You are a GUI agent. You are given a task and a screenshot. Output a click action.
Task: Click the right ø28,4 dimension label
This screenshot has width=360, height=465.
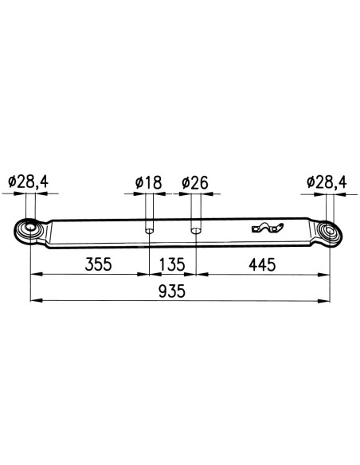[x=326, y=183]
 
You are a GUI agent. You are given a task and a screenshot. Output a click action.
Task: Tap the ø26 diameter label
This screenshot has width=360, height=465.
[x=195, y=183]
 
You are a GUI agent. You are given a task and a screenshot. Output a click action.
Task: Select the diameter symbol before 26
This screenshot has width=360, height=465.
[x=185, y=183]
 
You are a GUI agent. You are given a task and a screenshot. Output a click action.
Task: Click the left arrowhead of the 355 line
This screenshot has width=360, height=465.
[x=35, y=275]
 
